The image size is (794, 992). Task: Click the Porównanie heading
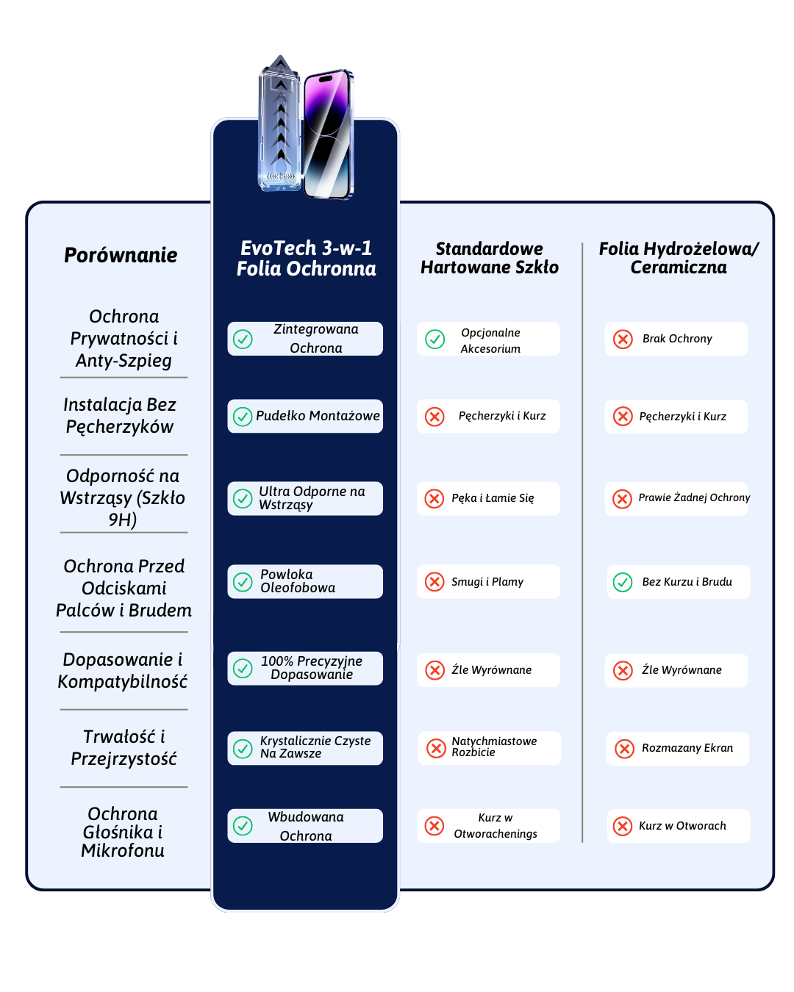121,255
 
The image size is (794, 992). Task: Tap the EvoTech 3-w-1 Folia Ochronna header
306,259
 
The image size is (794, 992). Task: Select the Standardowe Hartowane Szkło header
490,258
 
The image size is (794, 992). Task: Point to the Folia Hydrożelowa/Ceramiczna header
679,258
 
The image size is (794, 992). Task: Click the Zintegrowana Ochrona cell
305,339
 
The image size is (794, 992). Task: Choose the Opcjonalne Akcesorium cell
488,339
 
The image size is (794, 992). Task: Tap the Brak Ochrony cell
676,339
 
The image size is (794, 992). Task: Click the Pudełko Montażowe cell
305,416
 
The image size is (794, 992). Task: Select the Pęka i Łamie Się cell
488,498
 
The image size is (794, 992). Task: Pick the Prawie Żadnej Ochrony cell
677,498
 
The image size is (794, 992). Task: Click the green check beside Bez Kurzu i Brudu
623,582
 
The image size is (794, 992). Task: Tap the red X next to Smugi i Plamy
434,582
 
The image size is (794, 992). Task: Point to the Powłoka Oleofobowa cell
305,581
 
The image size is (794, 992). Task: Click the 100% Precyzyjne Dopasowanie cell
305,668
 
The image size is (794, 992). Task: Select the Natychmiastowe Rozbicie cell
490,747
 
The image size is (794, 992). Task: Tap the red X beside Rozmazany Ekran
624,748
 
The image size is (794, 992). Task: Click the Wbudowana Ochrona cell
305,826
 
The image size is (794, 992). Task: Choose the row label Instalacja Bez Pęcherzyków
121,416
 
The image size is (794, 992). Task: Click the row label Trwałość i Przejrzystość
124,747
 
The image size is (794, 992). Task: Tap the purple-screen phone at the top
329,134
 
